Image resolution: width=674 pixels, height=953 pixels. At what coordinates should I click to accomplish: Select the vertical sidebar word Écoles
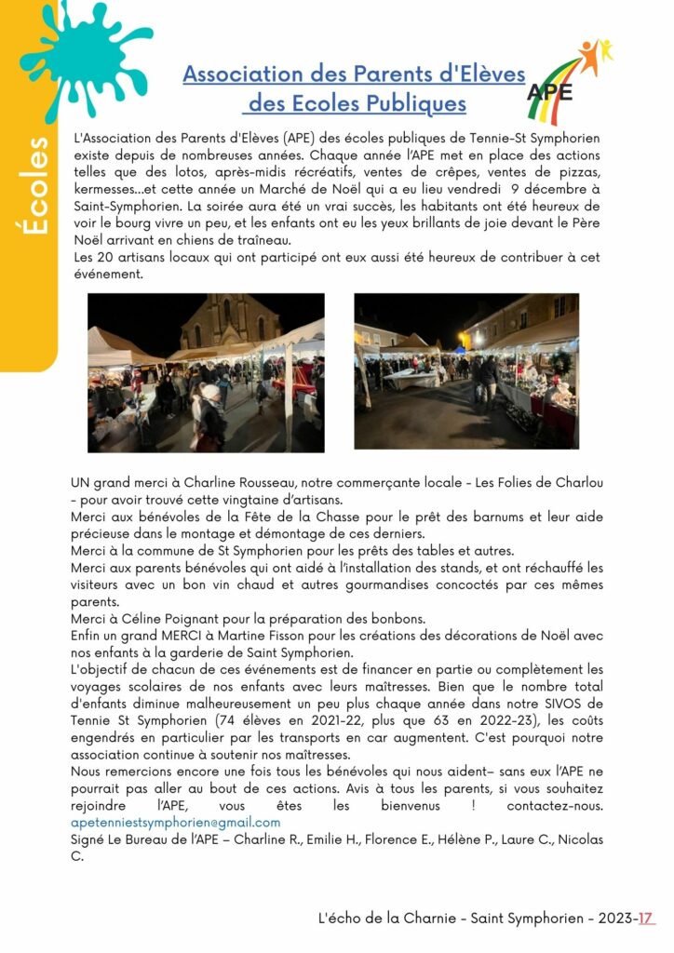(x=36, y=186)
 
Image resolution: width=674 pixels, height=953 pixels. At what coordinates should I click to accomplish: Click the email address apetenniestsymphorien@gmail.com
(x=175, y=823)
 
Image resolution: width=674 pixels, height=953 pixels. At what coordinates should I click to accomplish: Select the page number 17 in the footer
(x=645, y=919)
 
